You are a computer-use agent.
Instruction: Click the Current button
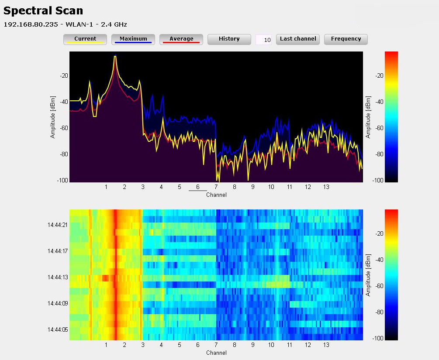[85, 39]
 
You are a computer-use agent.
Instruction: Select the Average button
[181, 39]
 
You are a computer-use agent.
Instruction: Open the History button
[229, 39]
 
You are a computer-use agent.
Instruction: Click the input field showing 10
[263, 40]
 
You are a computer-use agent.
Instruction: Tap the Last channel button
[298, 39]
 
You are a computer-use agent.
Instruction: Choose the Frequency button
[346, 39]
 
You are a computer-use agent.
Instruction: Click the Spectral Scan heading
[43, 10]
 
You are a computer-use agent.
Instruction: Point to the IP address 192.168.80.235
[31, 24]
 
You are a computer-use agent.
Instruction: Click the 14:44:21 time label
[58, 225]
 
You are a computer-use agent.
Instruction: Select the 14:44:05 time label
[58, 329]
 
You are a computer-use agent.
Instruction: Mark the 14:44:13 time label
[58, 277]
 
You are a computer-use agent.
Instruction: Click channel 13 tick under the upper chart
[326, 187]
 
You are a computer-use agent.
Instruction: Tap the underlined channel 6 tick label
[198, 187]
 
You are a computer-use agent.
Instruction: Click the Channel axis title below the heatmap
[216, 353]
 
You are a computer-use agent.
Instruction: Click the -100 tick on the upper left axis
[62, 180]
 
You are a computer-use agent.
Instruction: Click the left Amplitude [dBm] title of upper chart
[53, 117]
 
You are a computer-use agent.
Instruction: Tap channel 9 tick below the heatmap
[252, 345]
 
